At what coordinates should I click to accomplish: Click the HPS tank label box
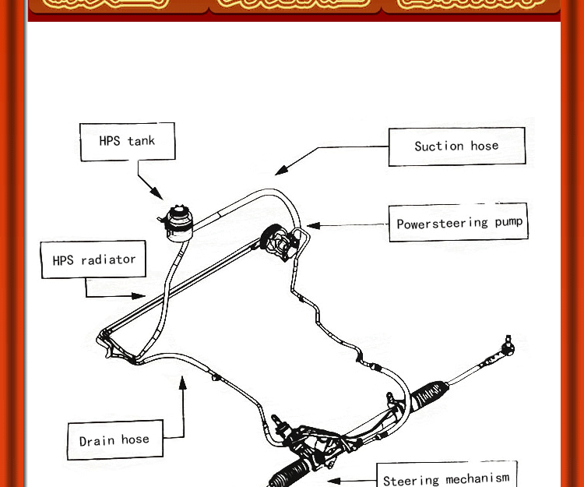coord(127,142)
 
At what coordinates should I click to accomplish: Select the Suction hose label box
coord(456,146)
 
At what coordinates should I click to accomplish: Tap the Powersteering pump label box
coord(458,223)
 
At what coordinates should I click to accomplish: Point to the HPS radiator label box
coord(93,259)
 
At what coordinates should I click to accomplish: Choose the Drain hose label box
coord(114,440)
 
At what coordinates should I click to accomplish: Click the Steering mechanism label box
coord(446,477)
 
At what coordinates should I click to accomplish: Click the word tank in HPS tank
coord(141,142)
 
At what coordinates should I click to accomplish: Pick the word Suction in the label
coord(439,146)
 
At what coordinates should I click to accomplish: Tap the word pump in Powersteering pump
coord(506,222)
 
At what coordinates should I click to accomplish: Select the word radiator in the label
coord(108,259)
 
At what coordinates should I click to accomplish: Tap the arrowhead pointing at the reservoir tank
coord(157,194)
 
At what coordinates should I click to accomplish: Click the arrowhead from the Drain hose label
coord(184,382)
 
